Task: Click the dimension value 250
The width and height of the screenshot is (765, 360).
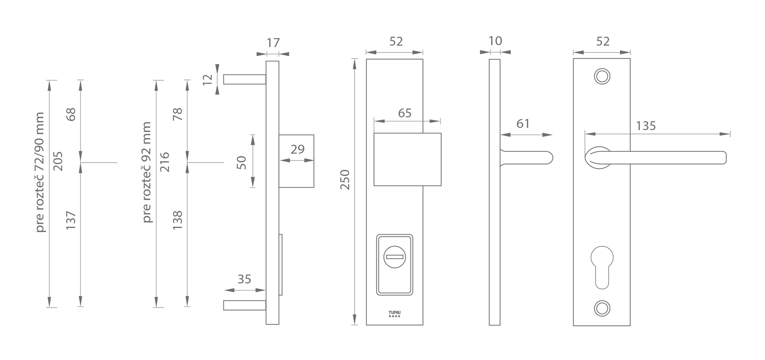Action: pos(345,180)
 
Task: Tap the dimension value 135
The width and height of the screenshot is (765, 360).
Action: pos(646,126)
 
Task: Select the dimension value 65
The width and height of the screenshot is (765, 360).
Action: pos(405,113)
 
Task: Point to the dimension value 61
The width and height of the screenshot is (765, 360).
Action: pos(523,124)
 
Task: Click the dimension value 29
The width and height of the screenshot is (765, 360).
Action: pos(297,149)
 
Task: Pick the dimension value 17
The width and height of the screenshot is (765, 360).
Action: pos(273,43)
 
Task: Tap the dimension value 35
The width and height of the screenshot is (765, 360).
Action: pos(244,279)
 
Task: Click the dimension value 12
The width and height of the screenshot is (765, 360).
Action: pos(207,79)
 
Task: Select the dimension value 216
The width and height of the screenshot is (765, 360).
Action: pos(164,162)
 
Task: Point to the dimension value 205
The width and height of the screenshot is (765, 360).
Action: pos(58,161)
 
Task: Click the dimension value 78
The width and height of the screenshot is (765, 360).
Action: pos(178,114)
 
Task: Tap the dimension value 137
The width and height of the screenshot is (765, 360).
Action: pos(71,220)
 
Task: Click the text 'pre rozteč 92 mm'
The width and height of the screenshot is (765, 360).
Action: pos(147,172)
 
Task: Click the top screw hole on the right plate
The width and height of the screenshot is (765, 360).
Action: pos(602,76)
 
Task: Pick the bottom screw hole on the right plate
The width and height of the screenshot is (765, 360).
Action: pos(602,308)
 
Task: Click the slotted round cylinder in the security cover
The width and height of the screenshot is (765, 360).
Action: pos(394,256)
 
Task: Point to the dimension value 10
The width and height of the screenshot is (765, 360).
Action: pos(495,41)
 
